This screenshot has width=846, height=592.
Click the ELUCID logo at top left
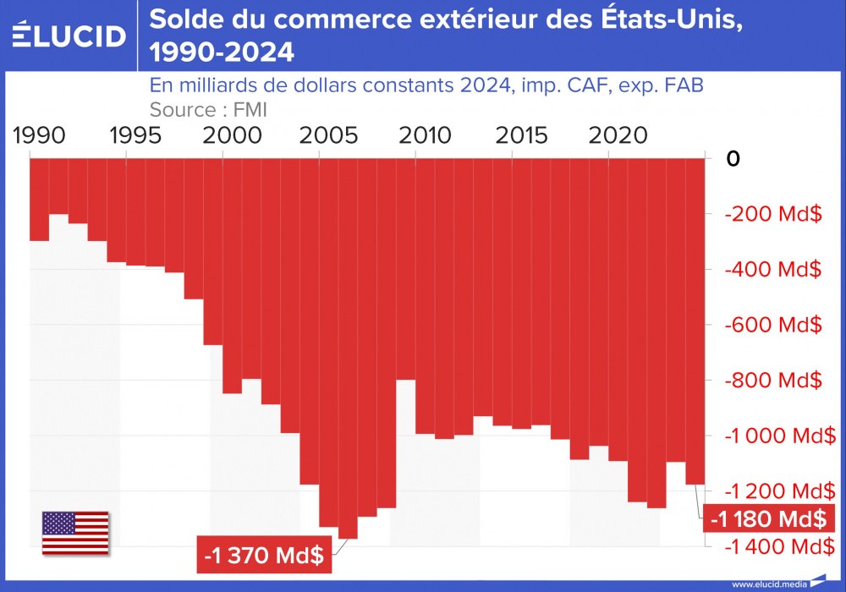click(69, 35)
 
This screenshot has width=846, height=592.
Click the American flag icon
click(75, 533)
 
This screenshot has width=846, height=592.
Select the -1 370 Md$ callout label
click(264, 556)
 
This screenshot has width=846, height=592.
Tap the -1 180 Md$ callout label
click(766, 517)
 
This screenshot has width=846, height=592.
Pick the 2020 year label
click(611, 135)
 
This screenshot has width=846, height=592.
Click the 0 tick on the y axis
click(733, 159)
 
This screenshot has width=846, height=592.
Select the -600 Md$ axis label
click(773, 325)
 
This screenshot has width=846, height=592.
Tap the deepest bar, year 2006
click(348, 355)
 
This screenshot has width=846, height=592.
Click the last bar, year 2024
click(695, 321)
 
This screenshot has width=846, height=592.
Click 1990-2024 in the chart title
click(222, 53)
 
